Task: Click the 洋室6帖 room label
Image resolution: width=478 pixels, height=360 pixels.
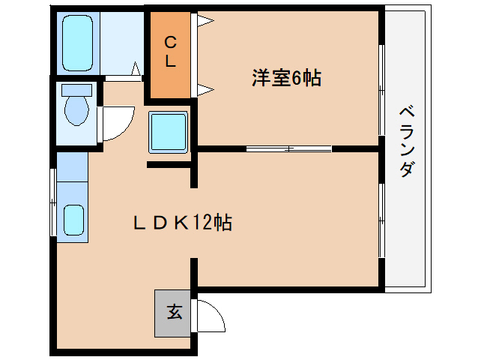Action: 286,78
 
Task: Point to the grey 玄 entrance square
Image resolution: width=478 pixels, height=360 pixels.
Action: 174,312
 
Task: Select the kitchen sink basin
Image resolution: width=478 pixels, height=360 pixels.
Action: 73,220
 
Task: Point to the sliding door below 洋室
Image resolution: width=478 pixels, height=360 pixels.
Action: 289,148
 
